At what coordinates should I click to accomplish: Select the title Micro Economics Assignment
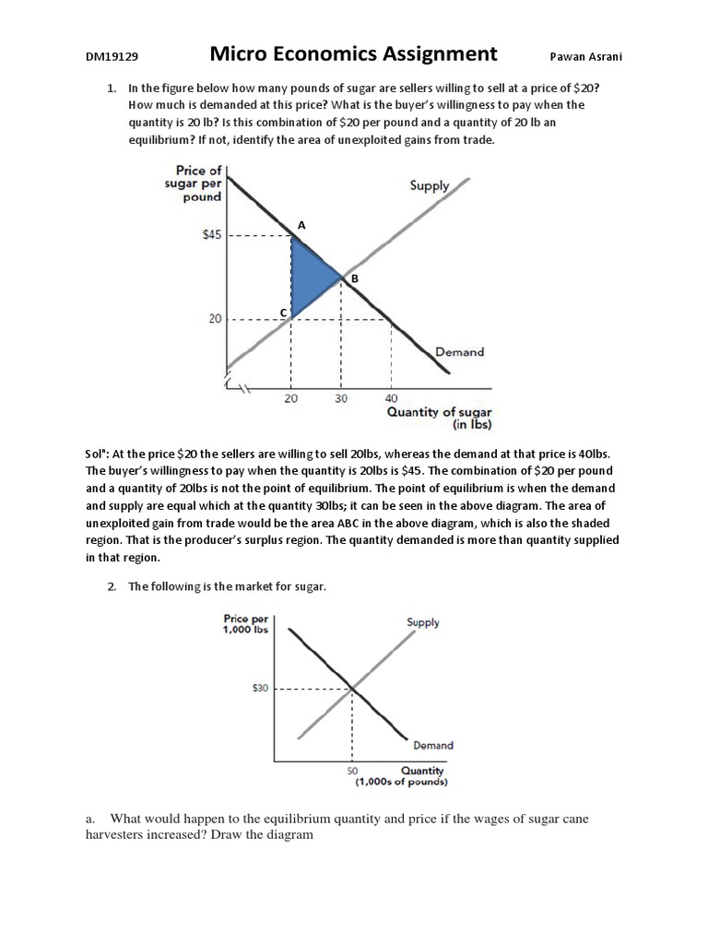point(353,53)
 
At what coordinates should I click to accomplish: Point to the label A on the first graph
point(301,224)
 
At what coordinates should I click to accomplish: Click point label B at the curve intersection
point(354,277)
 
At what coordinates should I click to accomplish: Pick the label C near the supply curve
point(284,313)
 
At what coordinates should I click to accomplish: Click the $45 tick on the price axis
point(213,235)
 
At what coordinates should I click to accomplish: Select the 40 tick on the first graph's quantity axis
point(392,398)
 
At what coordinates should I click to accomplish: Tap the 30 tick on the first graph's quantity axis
point(341,398)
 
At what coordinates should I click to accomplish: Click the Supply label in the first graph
point(430,185)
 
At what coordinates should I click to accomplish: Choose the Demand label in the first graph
point(460,351)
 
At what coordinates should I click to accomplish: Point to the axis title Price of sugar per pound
point(198,183)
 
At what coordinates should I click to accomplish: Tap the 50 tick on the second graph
point(351,771)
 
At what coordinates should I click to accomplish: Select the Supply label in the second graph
point(423,622)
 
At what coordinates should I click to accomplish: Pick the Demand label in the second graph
point(432,745)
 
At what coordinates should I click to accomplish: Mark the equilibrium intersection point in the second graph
point(352,688)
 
